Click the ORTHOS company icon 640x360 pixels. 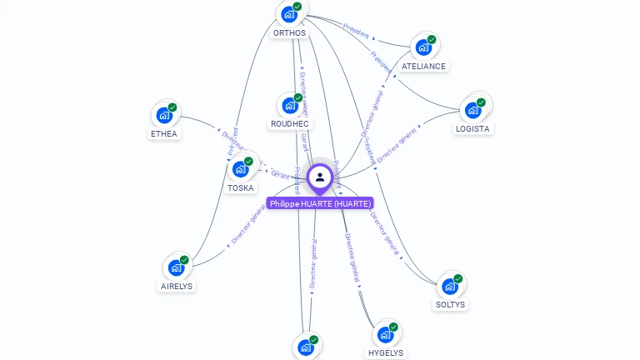click(x=289, y=14)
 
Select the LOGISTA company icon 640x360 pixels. click(x=472, y=110)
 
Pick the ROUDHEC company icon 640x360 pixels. click(x=289, y=105)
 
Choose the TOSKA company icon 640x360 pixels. click(x=240, y=169)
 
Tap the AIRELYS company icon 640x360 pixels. click(x=176, y=267)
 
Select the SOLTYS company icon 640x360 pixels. click(x=450, y=286)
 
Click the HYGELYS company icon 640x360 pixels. click(x=385, y=334)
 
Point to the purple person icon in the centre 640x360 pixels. click(x=319, y=177)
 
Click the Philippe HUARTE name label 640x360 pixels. click(x=320, y=203)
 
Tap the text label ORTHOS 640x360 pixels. click(x=289, y=33)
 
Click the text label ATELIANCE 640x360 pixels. click(x=423, y=66)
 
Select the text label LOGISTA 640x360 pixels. click(x=472, y=129)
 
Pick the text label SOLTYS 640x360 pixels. click(x=450, y=305)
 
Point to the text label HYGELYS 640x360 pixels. click(x=385, y=352)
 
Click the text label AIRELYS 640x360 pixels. click(x=176, y=286)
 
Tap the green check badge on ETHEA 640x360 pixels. click(x=172, y=107)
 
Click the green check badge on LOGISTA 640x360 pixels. click(x=481, y=102)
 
